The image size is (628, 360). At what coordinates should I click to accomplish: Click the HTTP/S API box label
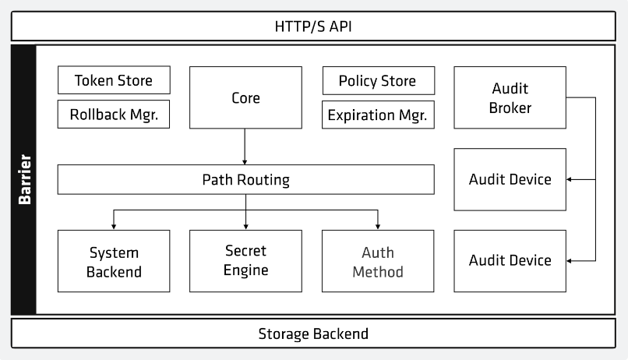coord(313,26)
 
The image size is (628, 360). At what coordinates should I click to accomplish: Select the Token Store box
coord(114,80)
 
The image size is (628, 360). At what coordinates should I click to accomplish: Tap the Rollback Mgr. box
coord(114,114)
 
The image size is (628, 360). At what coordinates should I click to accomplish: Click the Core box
coord(245,97)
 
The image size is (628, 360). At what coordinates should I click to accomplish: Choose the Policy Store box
coord(379,80)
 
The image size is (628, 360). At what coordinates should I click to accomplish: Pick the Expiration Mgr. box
coord(378,115)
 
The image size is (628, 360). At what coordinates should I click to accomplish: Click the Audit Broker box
coord(510,97)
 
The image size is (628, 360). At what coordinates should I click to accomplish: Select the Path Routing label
coord(245,180)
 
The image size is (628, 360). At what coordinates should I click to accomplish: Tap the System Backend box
coord(114,261)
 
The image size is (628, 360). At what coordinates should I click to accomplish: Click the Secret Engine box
coord(245,261)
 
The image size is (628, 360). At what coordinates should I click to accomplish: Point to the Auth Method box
coord(378,261)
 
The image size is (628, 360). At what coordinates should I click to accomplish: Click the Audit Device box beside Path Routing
coord(510,179)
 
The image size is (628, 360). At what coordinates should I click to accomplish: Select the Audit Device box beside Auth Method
coord(510,261)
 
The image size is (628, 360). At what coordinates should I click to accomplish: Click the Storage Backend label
coord(313,334)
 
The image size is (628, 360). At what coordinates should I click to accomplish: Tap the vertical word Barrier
coord(25,179)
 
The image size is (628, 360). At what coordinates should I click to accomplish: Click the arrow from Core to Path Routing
coord(245,146)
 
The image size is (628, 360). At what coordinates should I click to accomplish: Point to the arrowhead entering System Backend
coord(114,227)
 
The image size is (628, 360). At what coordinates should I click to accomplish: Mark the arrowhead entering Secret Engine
coord(246,227)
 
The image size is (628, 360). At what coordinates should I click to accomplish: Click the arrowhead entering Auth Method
coord(378,227)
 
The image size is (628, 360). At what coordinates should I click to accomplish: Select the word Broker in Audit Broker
coord(510,108)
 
